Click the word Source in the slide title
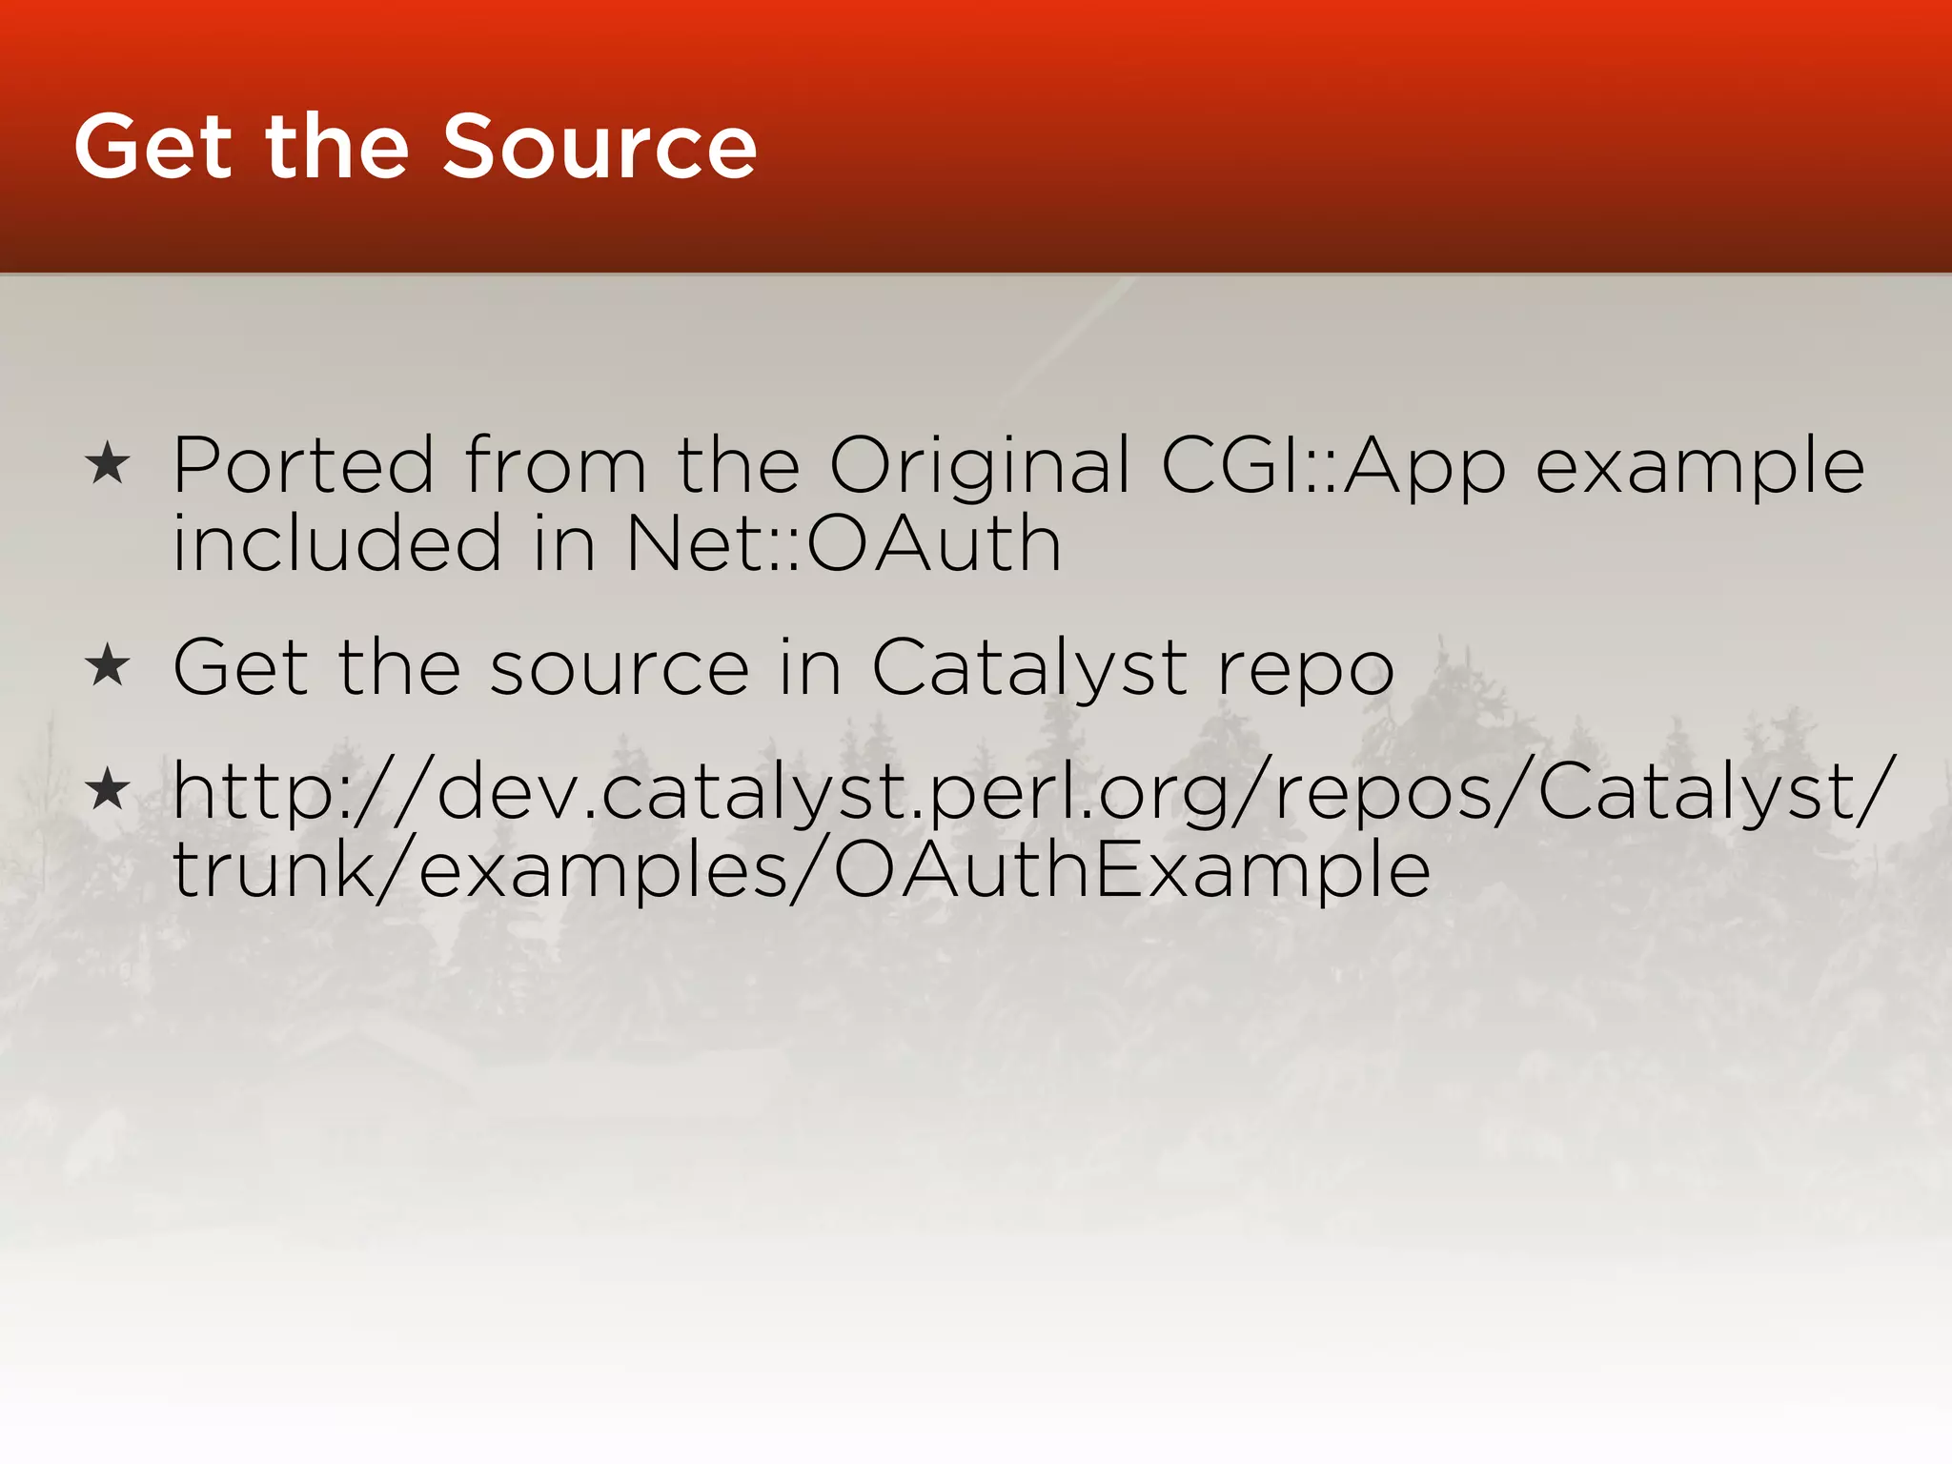[600, 147]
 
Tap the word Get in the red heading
[153, 147]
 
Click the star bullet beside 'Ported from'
[107, 464]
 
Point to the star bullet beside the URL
[107, 790]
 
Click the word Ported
[303, 466]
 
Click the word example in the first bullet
[1700, 466]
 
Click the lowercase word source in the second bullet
[620, 669]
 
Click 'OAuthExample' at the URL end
[1131, 871]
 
